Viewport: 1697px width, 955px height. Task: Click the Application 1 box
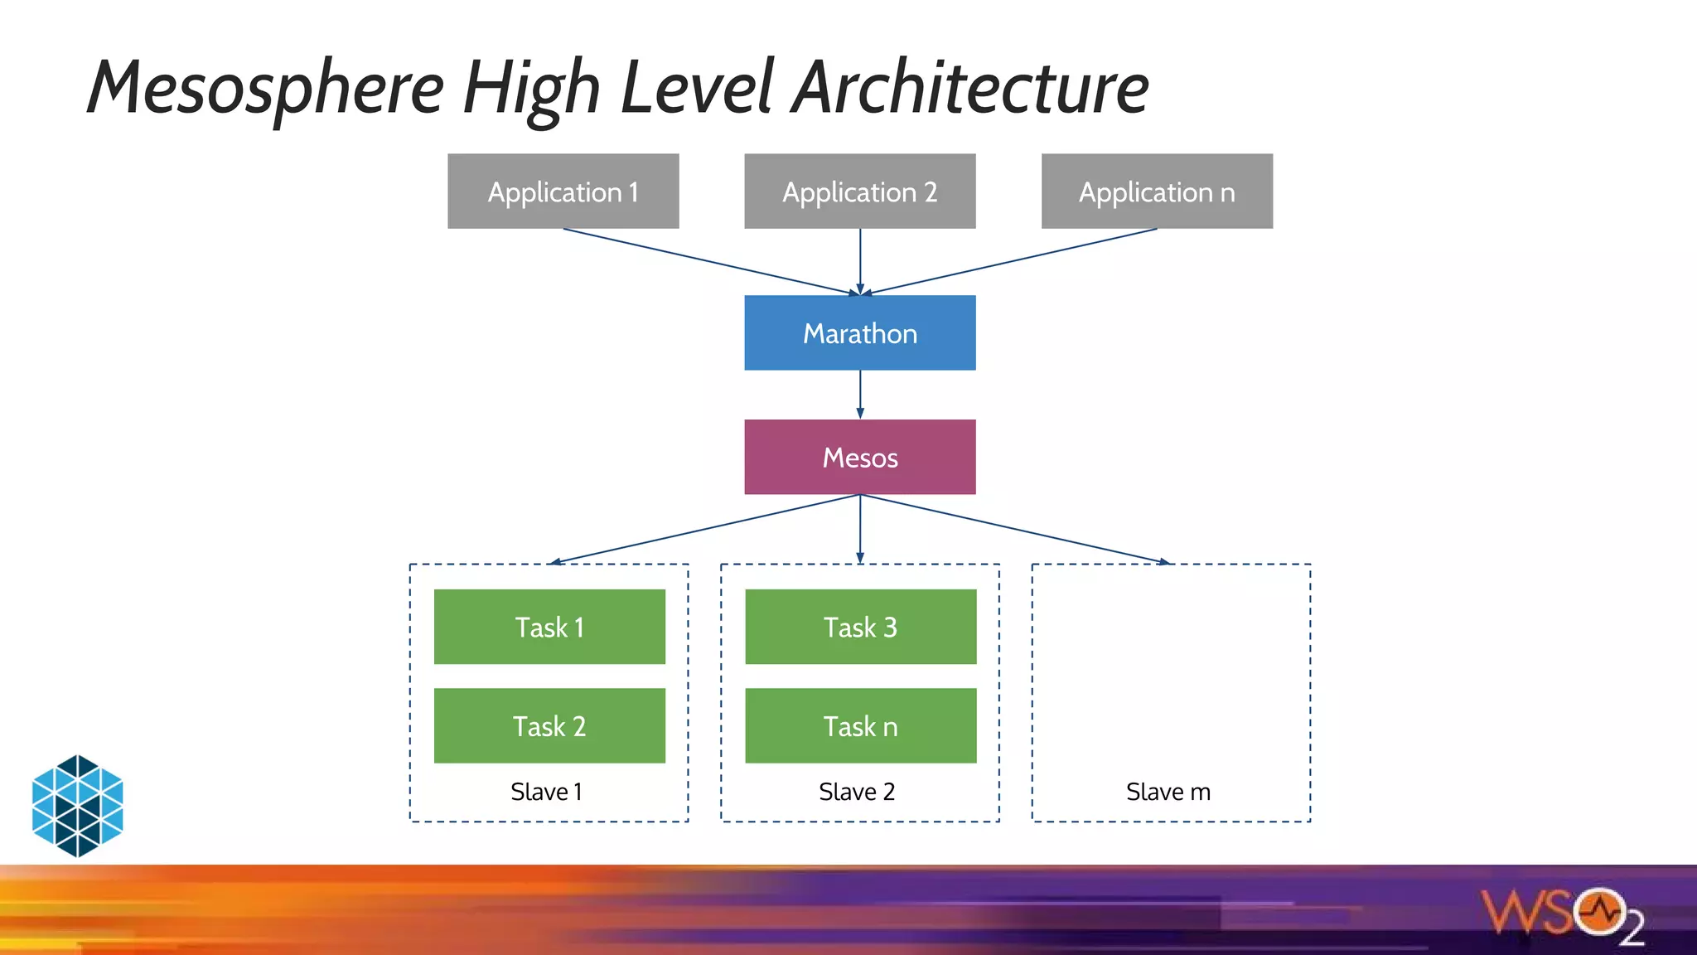pos(563,191)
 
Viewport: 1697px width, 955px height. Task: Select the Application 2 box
pos(859,191)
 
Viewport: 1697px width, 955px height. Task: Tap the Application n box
pos(1157,191)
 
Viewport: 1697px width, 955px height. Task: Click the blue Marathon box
pos(859,333)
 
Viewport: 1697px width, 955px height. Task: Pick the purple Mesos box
pos(859,458)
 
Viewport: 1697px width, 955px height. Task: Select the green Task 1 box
pos(549,627)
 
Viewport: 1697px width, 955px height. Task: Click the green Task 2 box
pos(549,726)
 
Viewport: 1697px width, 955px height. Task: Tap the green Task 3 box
pos(860,627)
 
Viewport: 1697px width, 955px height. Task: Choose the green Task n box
pos(860,726)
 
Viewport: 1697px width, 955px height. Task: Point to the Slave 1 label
pos(546,792)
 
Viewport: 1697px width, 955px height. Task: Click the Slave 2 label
pos(857,792)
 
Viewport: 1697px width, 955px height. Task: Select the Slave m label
pos(1168,792)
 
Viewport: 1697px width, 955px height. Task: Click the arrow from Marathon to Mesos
pos(860,395)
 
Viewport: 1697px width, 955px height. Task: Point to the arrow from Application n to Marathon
pos(1011,261)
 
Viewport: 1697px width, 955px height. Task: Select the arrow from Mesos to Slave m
pos(1015,529)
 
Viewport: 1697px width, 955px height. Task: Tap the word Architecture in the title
pos(969,88)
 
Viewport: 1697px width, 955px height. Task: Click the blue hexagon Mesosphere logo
pos(77,805)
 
